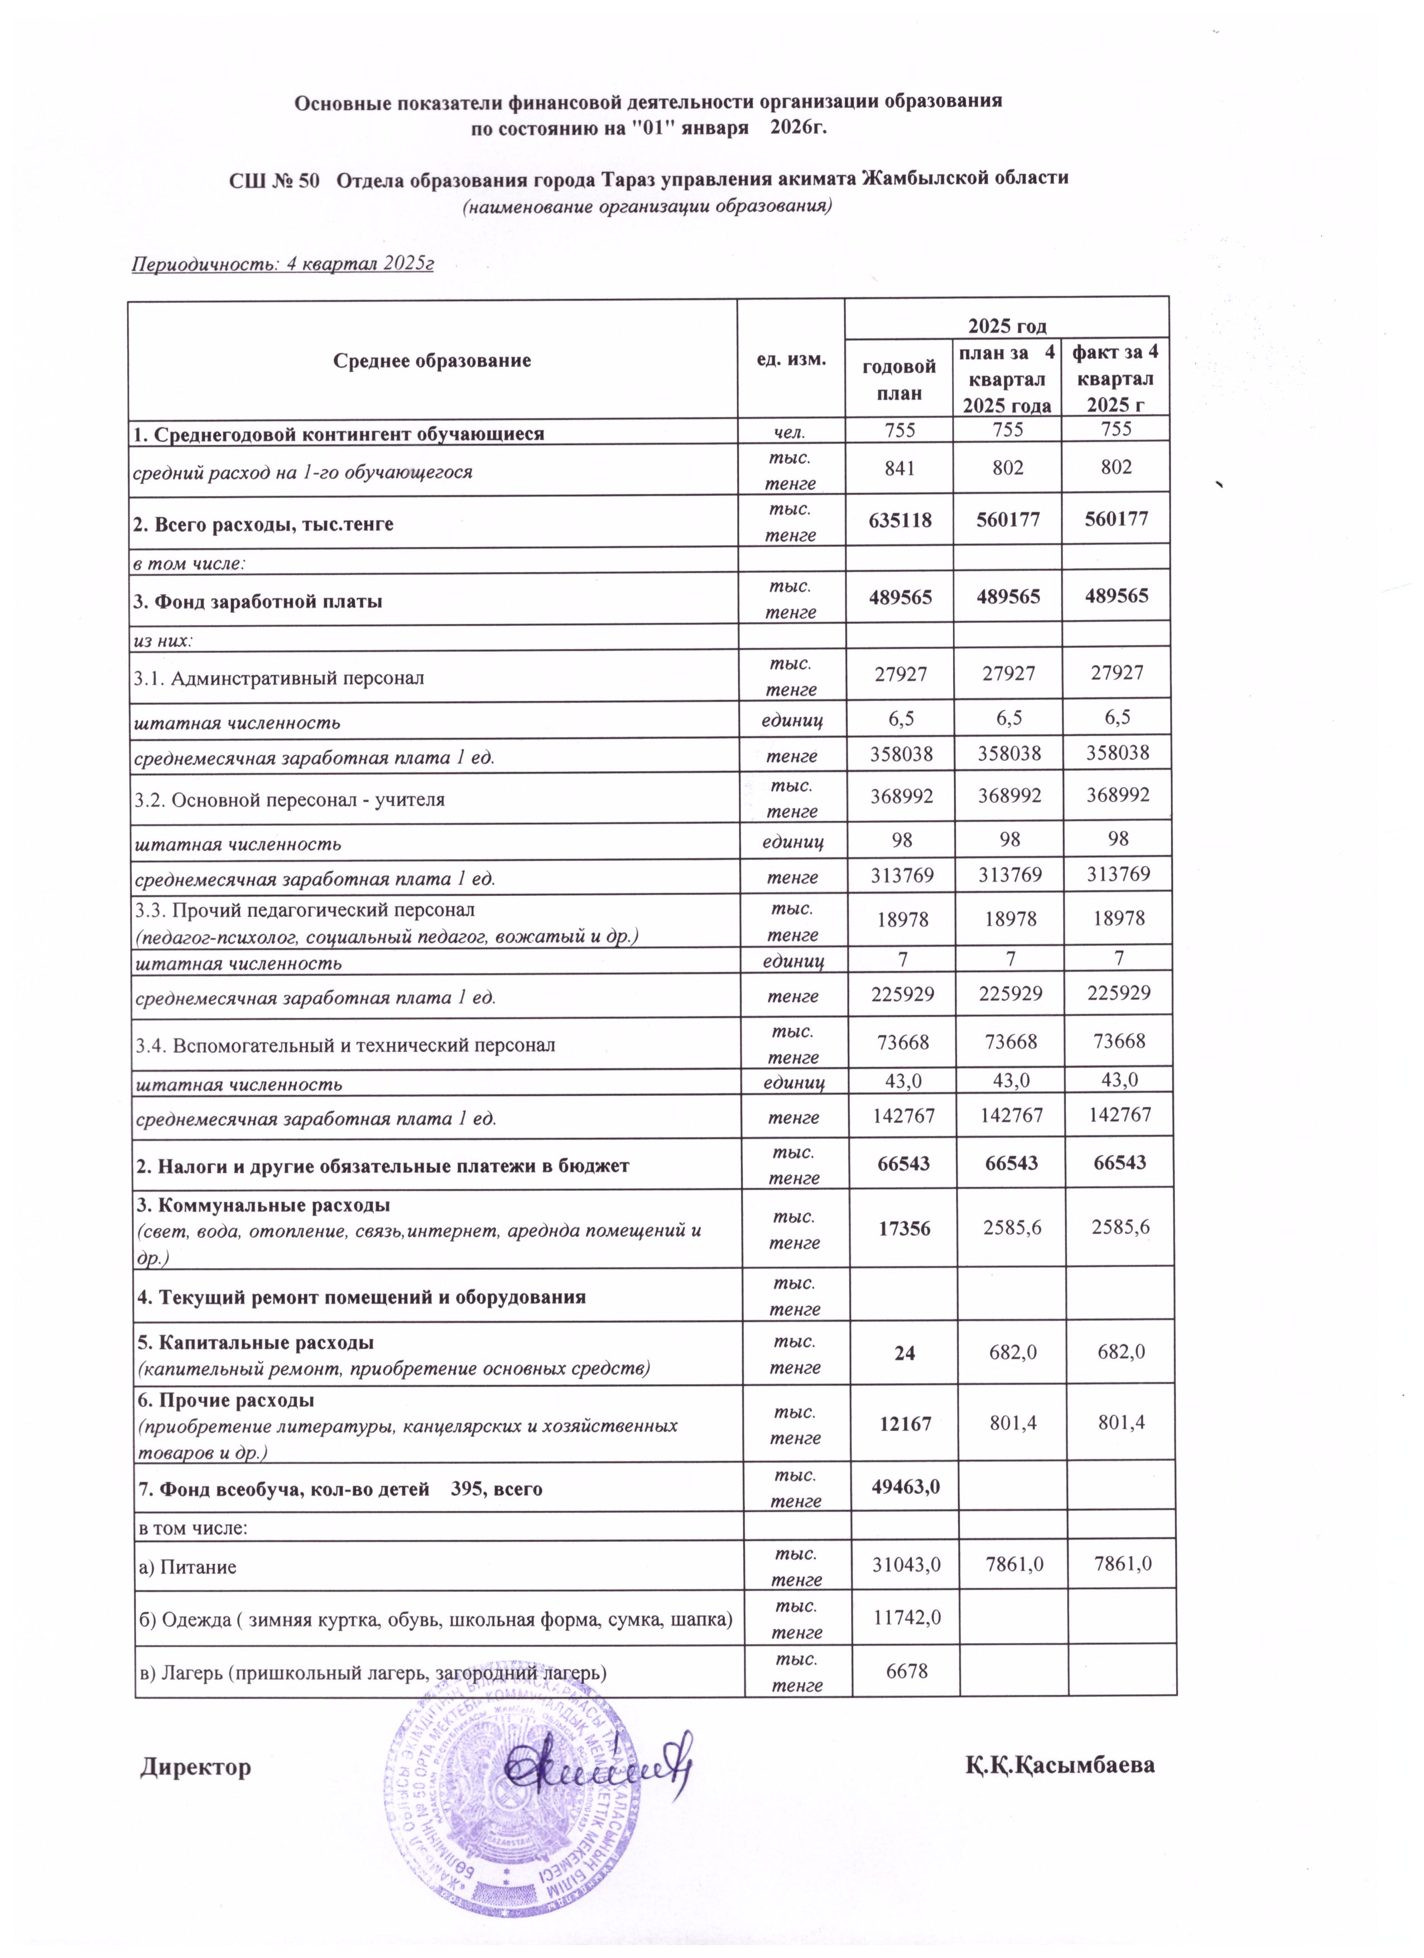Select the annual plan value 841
(x=899, y=468)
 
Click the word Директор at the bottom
(x=196, y=1767)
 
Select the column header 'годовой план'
(x=899, y=380)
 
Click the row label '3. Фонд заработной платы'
(x=257, y=601)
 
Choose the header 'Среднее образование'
(x=432, y=360)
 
